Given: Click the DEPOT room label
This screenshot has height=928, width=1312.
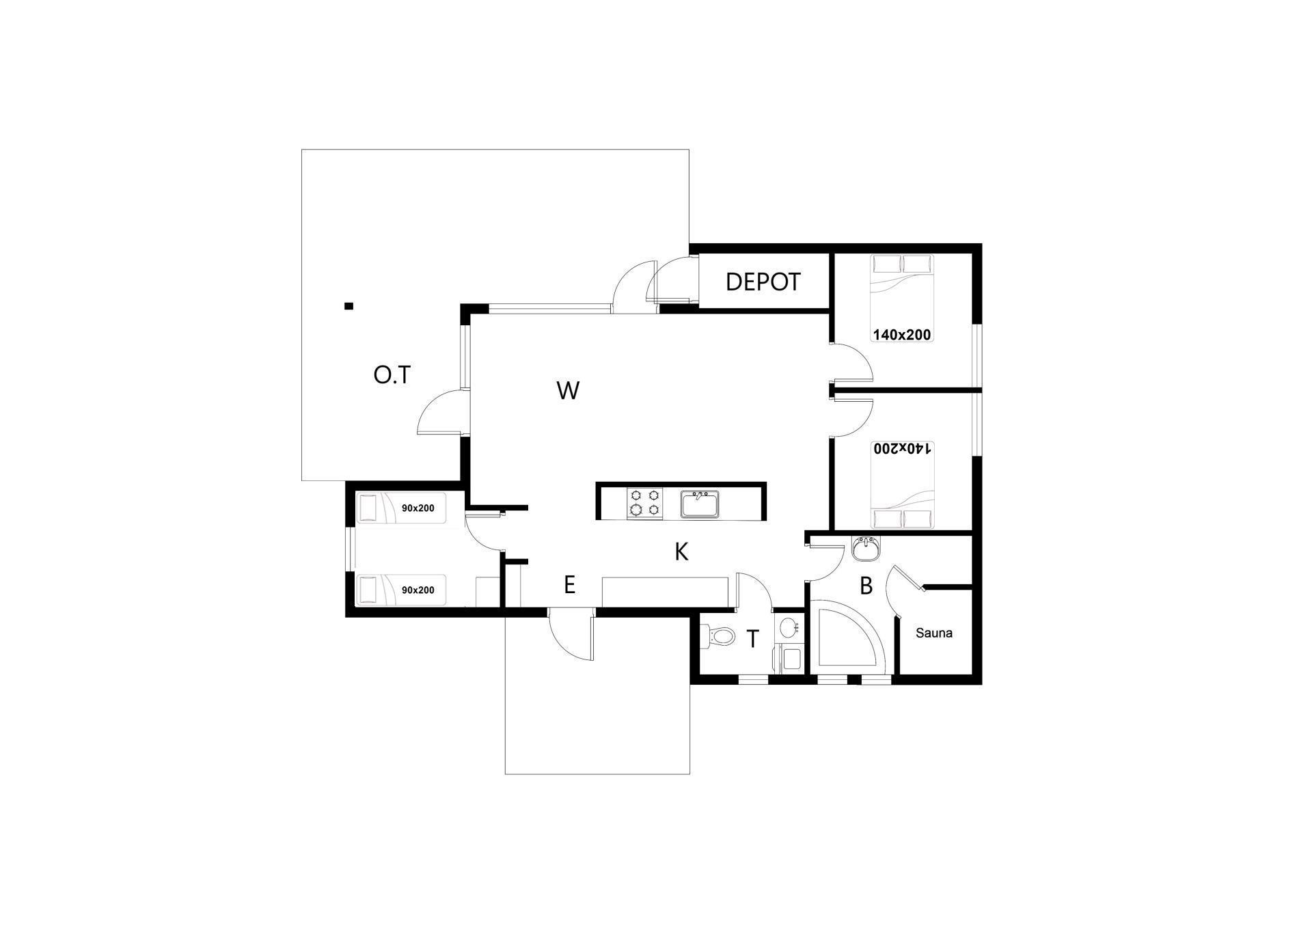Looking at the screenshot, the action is [x=763, y=282].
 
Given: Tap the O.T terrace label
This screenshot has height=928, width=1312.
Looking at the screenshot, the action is [x=392, y=374].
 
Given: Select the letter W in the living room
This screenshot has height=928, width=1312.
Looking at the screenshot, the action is [x=568, y=391].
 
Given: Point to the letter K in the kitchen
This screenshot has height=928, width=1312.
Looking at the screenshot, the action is [x=681, y=551].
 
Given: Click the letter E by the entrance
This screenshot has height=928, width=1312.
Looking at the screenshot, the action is [x=569, y=585].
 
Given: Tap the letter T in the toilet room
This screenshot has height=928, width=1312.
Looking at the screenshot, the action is [x=752, y=639].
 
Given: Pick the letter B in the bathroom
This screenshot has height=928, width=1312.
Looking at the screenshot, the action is [x=866, y=586].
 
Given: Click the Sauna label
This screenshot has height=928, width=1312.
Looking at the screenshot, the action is [x=933, y=633].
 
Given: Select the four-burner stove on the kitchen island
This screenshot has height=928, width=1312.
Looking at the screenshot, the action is [x=645, y=503].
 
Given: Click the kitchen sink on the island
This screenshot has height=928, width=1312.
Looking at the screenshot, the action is [x=700, y=504].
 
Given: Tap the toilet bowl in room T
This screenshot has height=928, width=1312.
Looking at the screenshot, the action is [x=720, y=638].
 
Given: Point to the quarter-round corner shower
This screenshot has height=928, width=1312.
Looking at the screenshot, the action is [x=847, y=636].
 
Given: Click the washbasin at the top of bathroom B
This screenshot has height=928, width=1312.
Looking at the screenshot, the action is [x=866, y=548].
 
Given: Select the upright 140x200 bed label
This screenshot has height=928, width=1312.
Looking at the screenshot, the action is [x=902, y=335].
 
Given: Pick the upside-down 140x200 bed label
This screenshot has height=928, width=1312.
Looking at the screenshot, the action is [x=902, y=448].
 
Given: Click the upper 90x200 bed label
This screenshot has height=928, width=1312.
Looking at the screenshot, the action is [x=418, y=508].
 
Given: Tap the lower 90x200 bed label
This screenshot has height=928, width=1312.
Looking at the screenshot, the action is [x=418, y=590].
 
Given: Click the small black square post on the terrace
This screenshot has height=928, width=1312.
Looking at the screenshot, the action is [x=348, y=306].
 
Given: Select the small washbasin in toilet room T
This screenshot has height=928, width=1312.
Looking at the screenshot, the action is [x=789, y=627].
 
